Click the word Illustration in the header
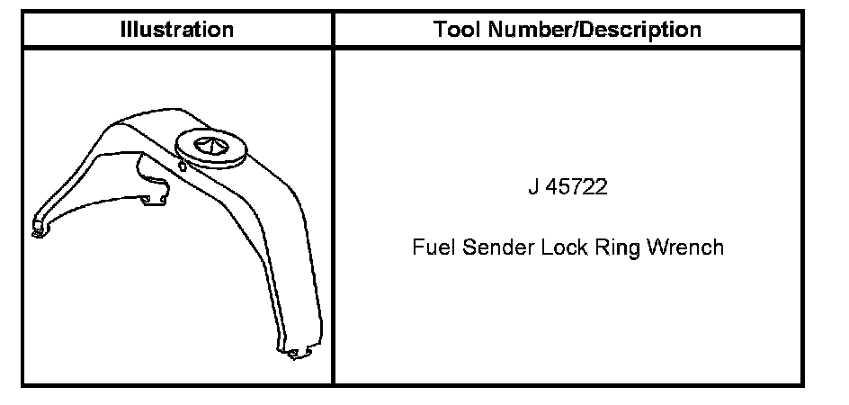coord(177,30)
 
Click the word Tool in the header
coord(455,30)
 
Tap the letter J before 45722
coord(533,189)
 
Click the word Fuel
coord(429,247)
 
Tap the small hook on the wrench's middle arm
coord(160,193)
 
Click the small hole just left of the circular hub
coord(183,165)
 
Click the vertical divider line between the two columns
coord(333,216)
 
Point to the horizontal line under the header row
coord(414,47)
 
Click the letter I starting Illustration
coord(123,30)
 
